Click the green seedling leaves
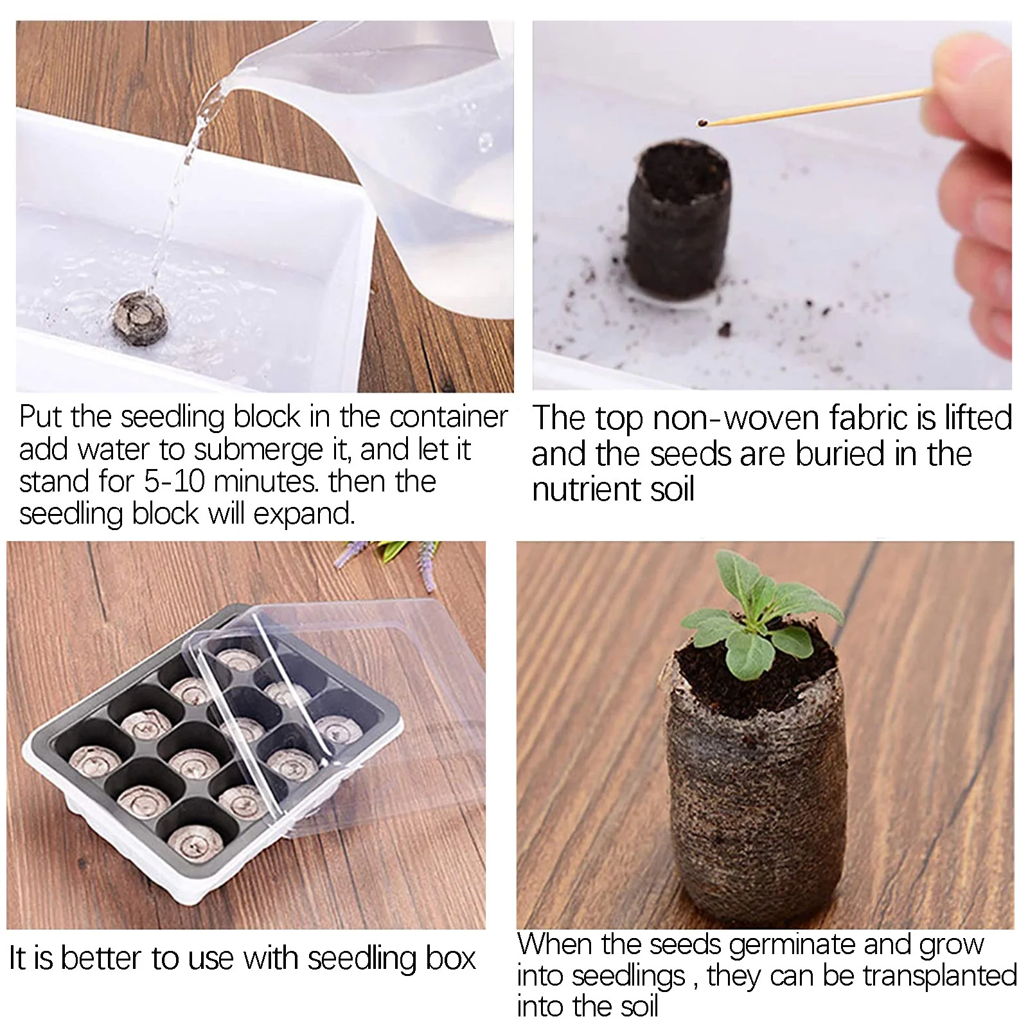pos(758,610)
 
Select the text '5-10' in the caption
pos(173,482)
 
